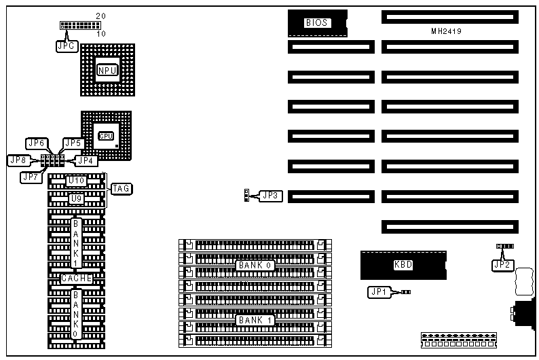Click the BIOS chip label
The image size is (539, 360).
pos(317,23)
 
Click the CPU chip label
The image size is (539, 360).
pos(105,136)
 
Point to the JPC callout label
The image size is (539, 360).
pos(67,46)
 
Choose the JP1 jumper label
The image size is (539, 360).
pos(378,292)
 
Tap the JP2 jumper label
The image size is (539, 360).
pos(502,265)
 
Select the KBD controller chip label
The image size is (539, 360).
pos(403,265)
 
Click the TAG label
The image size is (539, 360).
pos(122,188)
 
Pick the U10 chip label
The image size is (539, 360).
pos(77,181)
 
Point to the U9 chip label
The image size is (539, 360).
pos(77,198)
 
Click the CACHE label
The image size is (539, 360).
pos(77,278)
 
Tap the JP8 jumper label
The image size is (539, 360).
pos(18,160)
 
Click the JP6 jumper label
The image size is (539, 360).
pos(36,143)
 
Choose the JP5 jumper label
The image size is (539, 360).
pos(73,143)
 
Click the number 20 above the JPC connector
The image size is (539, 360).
pos(100,16)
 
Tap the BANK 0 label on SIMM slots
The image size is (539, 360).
pos(255,265)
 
